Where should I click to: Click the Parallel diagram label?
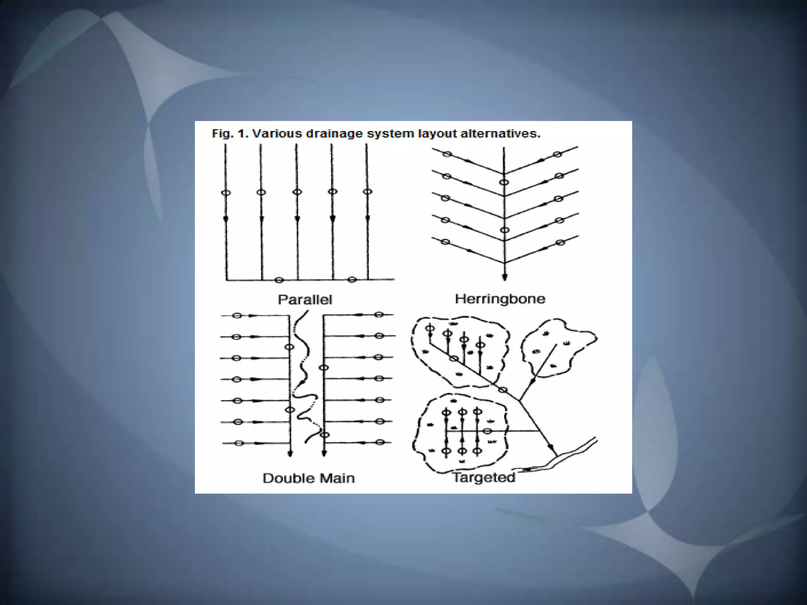tap(305, 300)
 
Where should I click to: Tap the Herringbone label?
tap(500, 299)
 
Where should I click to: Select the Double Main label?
tap(309, 478)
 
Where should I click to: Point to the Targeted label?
tap(484, 477)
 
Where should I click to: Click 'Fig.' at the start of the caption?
tap(221, 134)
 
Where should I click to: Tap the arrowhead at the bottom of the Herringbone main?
tap(504, 277)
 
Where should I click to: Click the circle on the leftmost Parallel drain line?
tap(226, 193)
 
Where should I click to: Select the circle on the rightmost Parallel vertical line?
tap(368, 192)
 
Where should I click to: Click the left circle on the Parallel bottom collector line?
tap(279, 280)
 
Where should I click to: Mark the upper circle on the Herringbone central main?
tap(504, 182)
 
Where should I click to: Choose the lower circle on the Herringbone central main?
tap(504, 230)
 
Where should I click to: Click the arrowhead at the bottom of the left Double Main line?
tap(290, 453)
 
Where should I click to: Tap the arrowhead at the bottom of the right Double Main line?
tap(324, 453)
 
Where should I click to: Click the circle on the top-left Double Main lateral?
tap(237, 315)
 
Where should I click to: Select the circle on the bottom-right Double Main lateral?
tap(380, 442)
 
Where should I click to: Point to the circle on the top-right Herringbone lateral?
tap(557, 154)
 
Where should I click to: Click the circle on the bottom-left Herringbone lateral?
tap(445, 242)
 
